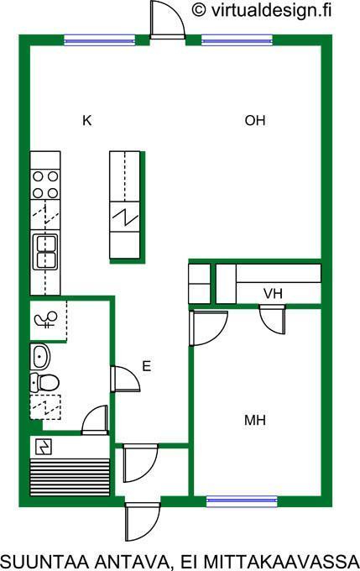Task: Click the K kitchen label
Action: pyautogui.click(x=86, y=120)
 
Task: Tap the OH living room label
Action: pyautogui.click(x=255, y=120)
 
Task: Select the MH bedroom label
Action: pyautogui.click(x=255, y=421)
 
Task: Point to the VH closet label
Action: pyautogui.click(x=273, y=294)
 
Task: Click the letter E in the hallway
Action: pyautogui.click(x=146, y=366)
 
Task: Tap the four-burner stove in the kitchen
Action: pyautogui.click(x=45, y=184)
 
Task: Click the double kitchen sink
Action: pyautogui.click(x=45, y=252)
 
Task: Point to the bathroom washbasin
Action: pyautogui.click(x=39, y=356)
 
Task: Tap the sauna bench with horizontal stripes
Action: pyautogui.click(x=70, y=475)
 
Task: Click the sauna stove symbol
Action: pyautogui.click(x=44, y=447)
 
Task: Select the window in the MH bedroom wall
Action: pyautogui.click(x=242, y=501)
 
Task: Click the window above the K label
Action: pyautogui.click(x=100, y=39)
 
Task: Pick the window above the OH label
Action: pyautogui.click(x=237, y=39)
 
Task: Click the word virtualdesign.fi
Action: pyautogui.click(x=271, y=11)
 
